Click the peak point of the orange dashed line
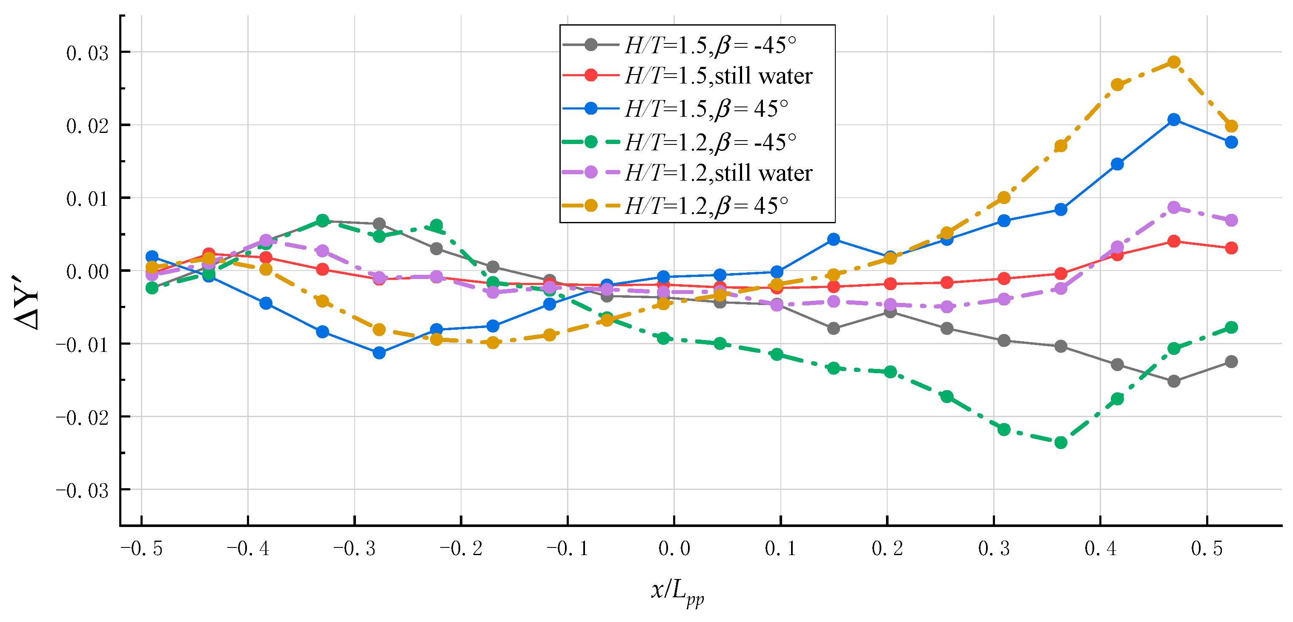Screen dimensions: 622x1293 (x=1173, y=62)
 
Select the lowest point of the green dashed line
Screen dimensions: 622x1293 (x=1061, y=443)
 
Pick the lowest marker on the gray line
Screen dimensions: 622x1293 (x=1173, y=381)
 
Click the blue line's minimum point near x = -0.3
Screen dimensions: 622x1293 (x=379, y=353)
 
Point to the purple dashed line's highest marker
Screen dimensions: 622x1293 (x=1173, y=207)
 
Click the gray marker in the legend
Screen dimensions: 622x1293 (x=591, y=44)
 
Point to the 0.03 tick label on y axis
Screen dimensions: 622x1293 (x=87, y=53)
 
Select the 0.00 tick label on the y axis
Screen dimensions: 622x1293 (x=87, y=272)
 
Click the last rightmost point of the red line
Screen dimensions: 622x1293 (x=1231, y=248)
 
